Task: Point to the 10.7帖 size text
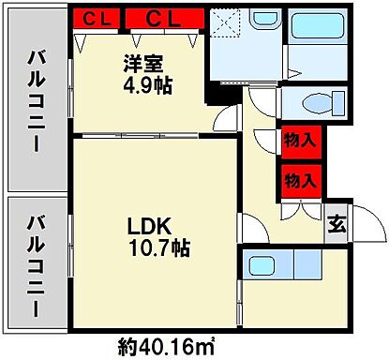[x=153, y=249]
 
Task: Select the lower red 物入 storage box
[x=298, y=180]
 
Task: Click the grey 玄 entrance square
[x=335, y=224]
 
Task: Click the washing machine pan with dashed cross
[x=228, y=24]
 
